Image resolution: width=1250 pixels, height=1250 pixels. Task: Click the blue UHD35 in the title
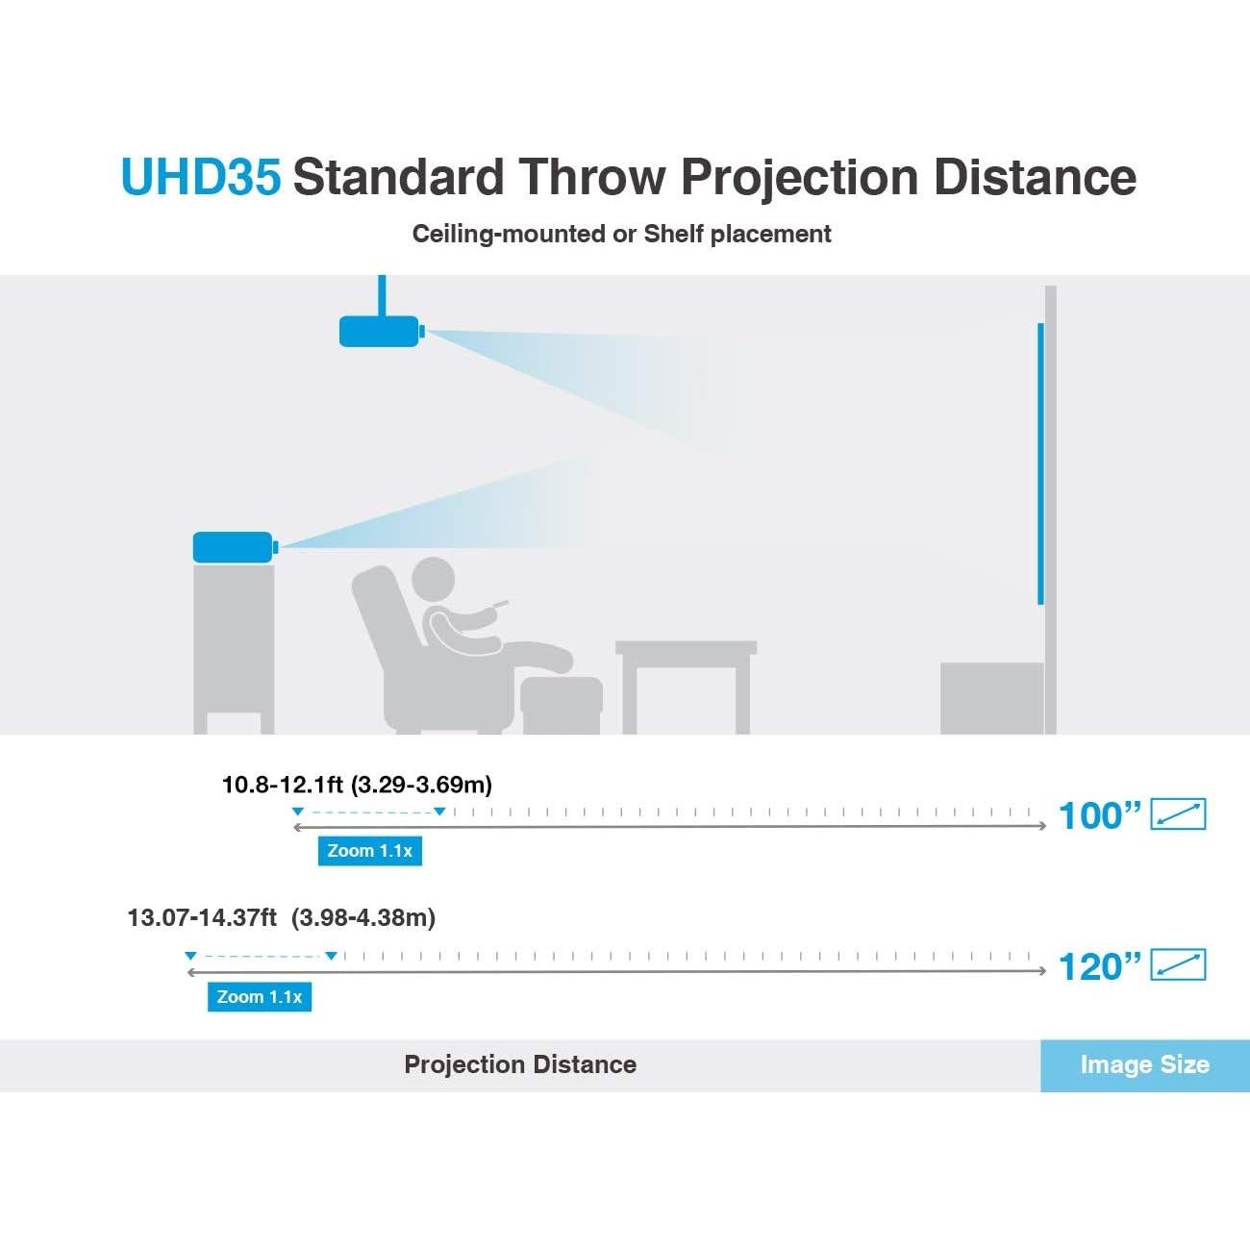(x=201, y=177)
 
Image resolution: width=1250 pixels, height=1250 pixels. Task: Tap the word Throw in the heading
(x=592, y=176)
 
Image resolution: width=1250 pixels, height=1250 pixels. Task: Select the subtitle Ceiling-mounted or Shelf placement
(x=621, y=235)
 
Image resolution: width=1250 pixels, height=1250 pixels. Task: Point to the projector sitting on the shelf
(x=236, y=547)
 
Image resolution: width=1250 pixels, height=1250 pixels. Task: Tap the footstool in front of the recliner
(x=562, y=705)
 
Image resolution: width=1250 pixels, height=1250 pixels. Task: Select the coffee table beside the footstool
(x=687, y=687)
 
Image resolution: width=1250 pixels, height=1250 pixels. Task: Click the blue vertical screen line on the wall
(x=1040, y=464)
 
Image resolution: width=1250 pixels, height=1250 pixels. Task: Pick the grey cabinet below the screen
(x=991, y=698)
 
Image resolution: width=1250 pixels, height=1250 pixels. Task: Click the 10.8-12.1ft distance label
(x=357, y=785)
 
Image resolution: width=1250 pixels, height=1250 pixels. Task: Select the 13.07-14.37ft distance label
(x=282, y=918)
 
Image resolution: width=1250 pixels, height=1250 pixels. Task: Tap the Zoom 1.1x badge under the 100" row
(x=370, y=851)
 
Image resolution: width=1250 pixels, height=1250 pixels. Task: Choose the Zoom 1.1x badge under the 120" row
(x=260, y=997)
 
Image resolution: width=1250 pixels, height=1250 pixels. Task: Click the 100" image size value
(x=1099, y=816)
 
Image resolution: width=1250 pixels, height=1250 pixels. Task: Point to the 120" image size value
(x=1099, y=967)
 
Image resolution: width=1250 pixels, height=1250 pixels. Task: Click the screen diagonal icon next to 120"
(x=1178, y=964)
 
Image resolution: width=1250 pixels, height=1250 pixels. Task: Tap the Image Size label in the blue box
(x=1145, y=1064)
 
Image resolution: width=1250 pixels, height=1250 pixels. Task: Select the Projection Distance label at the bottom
(x=520, y=1064)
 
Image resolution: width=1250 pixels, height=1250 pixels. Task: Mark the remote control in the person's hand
(x=500, y=605)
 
